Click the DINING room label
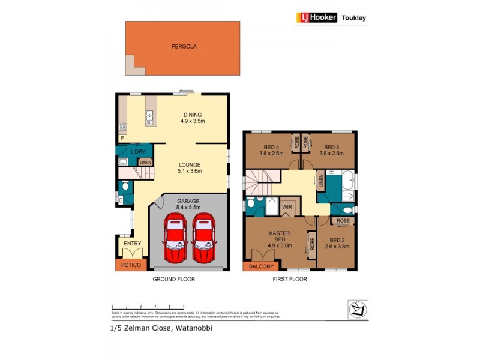(x=193, y=118)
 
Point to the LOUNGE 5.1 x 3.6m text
(x=189, y=167)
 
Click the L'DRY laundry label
(x=139, y=151)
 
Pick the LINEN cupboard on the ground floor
(x=145, y=162)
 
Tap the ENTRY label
(x=132, y=244)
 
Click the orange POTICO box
(x=131, y=264)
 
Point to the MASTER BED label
(x=279, y=237)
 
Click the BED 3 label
(x=332, y=150)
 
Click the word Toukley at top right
(x=354, y=18)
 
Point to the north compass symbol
(x=358, y=310)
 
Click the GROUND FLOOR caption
(x=173, y=280)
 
